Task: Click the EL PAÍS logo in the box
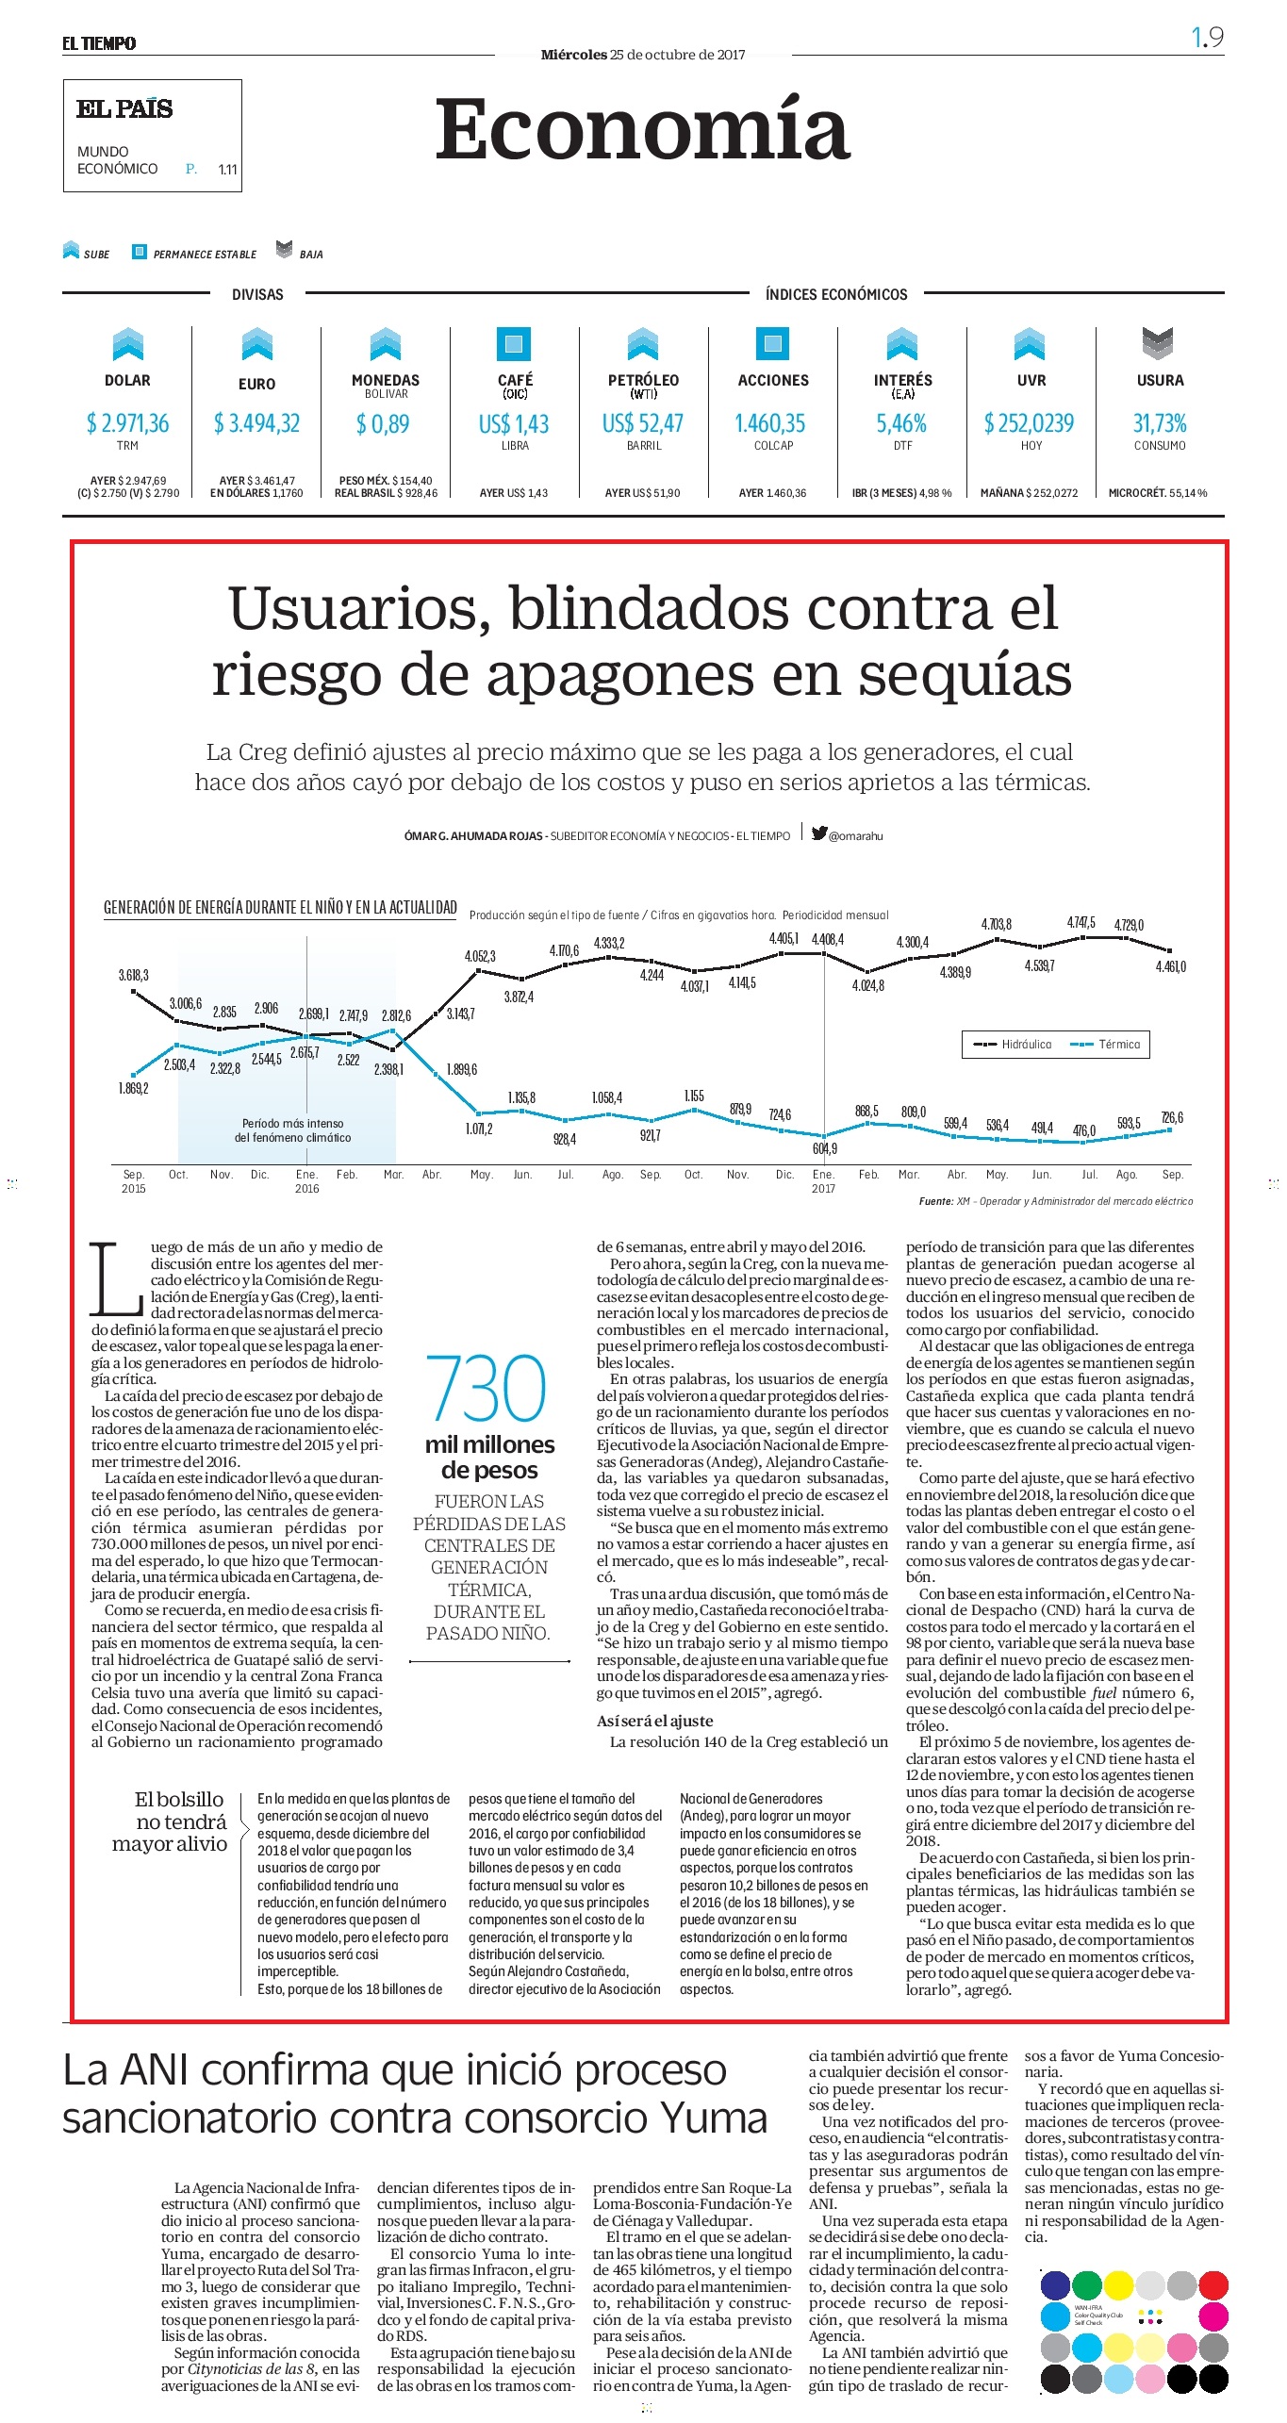(x=124, y=109)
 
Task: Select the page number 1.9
(x=1207, y=38)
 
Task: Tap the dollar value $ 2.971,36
(x=127, y=423)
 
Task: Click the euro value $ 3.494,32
(x=256, y=423)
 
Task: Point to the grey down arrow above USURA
(x=1158, y=343)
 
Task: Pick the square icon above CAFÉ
(x=514, y=343)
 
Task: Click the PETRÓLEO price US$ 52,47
(x=643, y=423)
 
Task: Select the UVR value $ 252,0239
(x=1030, y=423)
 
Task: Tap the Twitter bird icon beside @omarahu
(x=819, y=833)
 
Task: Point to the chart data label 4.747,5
(x=1081, y=922)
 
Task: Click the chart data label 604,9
(x=825, y=1148)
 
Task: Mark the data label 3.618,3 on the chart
(x=133, y=975)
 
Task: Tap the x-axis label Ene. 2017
(x=823, y=1181)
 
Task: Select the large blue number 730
(x=487, y=1388)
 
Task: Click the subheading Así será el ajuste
(x=654, y=1721)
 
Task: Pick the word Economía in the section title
(x=642, y=129)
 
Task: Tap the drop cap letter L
(x=116, y=1278)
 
